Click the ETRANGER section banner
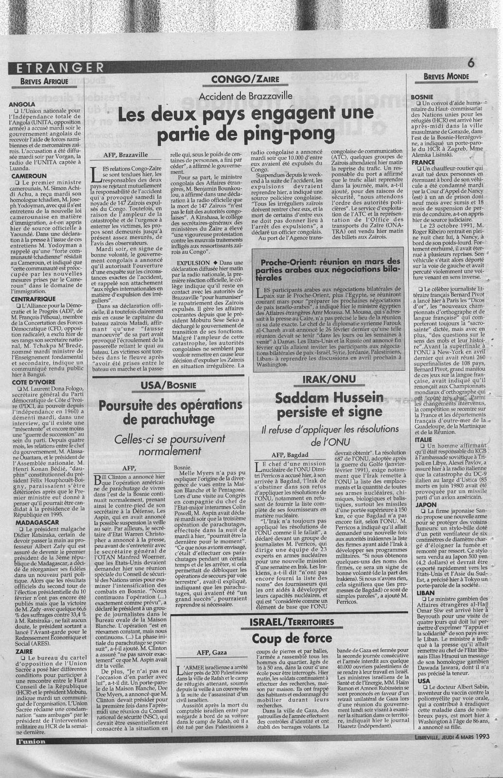click(x=60, y=68)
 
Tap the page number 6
click(x=470, y=63)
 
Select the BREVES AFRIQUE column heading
click(x=44, y=81)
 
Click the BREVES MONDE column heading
click(x=446, y=76)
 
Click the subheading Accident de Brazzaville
click(x=245, y=96)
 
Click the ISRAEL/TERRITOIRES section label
click(x=292, y=622)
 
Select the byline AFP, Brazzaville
click(x=125, y=155)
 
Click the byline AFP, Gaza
click(x=211, y=652)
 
